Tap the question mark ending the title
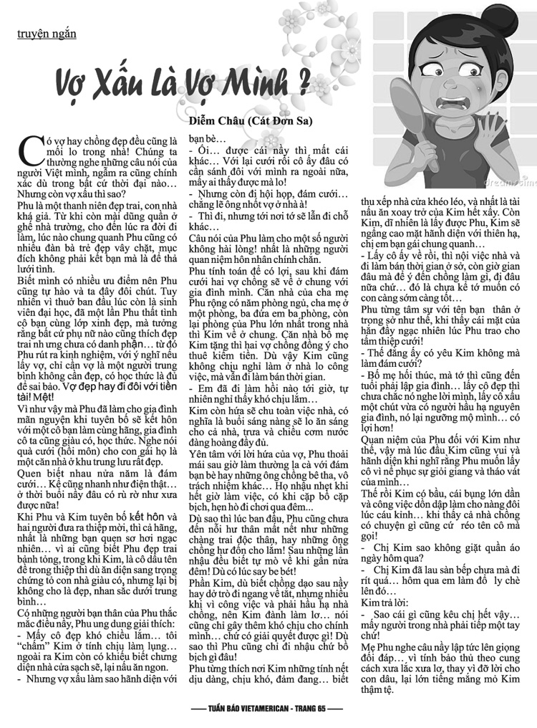pos(304,82)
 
